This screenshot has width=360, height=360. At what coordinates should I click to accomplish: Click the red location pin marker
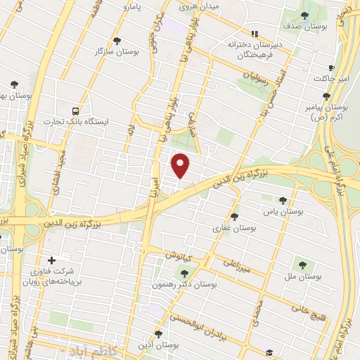(x=181, y=165)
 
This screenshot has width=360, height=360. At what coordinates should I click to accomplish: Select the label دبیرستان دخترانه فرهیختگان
(x=255, y=49)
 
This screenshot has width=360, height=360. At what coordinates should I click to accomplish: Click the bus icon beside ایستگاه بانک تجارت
(x=75, y=110)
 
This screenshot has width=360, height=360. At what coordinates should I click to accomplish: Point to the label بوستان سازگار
(x=117, y=51)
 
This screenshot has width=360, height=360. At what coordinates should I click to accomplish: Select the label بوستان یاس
(x=283, y=211)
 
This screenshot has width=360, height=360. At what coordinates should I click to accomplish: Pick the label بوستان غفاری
(x=234, y=228)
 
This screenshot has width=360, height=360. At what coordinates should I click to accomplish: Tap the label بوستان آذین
(x=158, y=346)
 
